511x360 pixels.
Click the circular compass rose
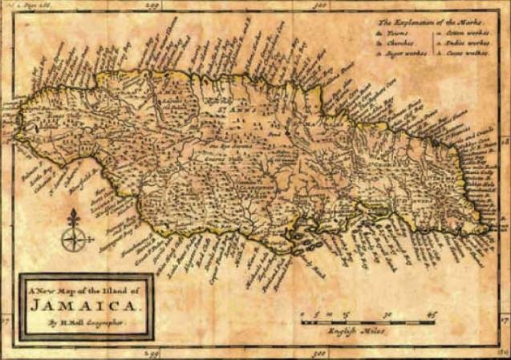(72, 238)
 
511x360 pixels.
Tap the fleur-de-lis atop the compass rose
(72, 216)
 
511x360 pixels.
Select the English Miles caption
(358, 331)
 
